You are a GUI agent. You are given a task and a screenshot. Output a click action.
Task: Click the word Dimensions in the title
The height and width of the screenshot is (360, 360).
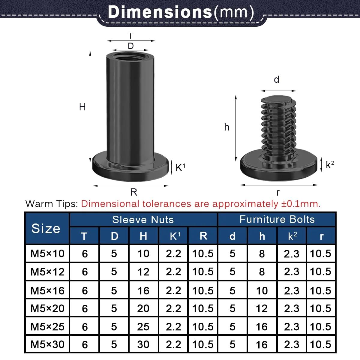pyautogui.click(x=160, y=12)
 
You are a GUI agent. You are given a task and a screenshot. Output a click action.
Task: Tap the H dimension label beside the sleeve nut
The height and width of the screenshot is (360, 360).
pyautogui.click(x=82, y=107)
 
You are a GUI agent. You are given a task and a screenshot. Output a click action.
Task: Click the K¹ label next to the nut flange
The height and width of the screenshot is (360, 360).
pyautogui.click(x=181, y=167)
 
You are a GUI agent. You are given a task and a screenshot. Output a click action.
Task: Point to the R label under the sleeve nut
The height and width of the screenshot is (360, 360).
pyautogui.click(x=134, y=192)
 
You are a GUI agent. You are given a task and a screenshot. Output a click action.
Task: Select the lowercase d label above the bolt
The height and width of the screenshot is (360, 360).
pyautogui.click(x=277, y=79)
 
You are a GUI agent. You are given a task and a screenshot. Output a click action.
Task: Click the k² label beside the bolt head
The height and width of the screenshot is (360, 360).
pyautogui.click(x=330, y=165)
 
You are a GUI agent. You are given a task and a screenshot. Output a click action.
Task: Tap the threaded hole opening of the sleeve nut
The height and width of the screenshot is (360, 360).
pyautogui.click(x=130, y=57)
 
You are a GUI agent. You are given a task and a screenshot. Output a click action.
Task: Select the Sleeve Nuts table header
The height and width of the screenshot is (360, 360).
pyautogui.click(x=143, y=220)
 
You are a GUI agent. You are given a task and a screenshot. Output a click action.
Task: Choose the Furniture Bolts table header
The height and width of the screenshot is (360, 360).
pyautogui.click(x=277, y=219)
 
